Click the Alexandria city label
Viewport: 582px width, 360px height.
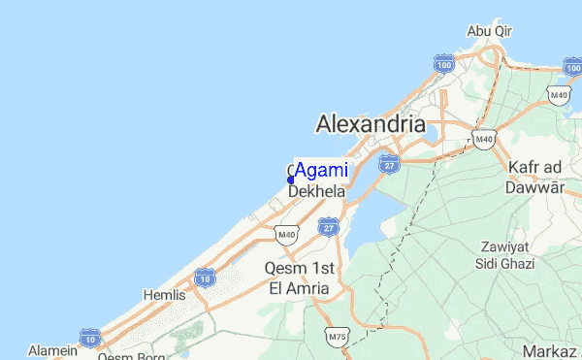coord(371,124)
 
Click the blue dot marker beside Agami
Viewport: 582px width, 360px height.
coord(291,180)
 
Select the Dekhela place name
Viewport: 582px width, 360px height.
coord(317,192)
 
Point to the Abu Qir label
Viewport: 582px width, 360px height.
coord(489,30)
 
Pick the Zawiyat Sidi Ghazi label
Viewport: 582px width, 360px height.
coord(503,254)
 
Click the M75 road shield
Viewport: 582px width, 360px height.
coord(338,337)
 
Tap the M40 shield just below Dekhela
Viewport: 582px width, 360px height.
coord(286,234)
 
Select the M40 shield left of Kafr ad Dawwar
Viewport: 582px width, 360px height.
coord(483,142)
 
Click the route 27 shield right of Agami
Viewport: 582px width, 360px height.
coord(390,163)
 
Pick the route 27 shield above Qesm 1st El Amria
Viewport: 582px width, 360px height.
coord(328,227)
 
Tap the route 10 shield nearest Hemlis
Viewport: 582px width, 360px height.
coord(204,278)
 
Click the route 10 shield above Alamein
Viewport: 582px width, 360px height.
coord(90,337)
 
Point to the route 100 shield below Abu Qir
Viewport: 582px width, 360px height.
coord(444,64)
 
